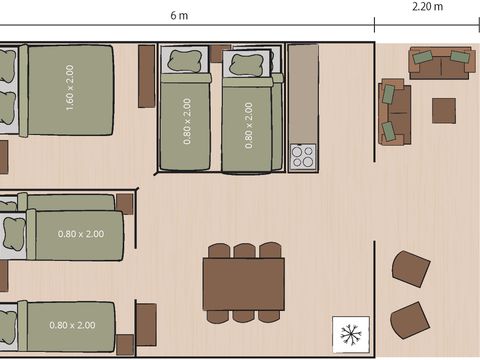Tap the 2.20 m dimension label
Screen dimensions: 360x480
pos(428,6)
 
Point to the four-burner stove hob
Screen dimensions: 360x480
pos(303,157)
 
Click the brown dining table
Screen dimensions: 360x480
pos(243,284)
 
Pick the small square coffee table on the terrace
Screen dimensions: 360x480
pos(444,110)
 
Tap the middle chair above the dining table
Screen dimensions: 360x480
pos(244,250)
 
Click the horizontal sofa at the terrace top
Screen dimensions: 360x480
pos(441,63)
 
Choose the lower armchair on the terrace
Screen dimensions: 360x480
pos(410,320)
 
